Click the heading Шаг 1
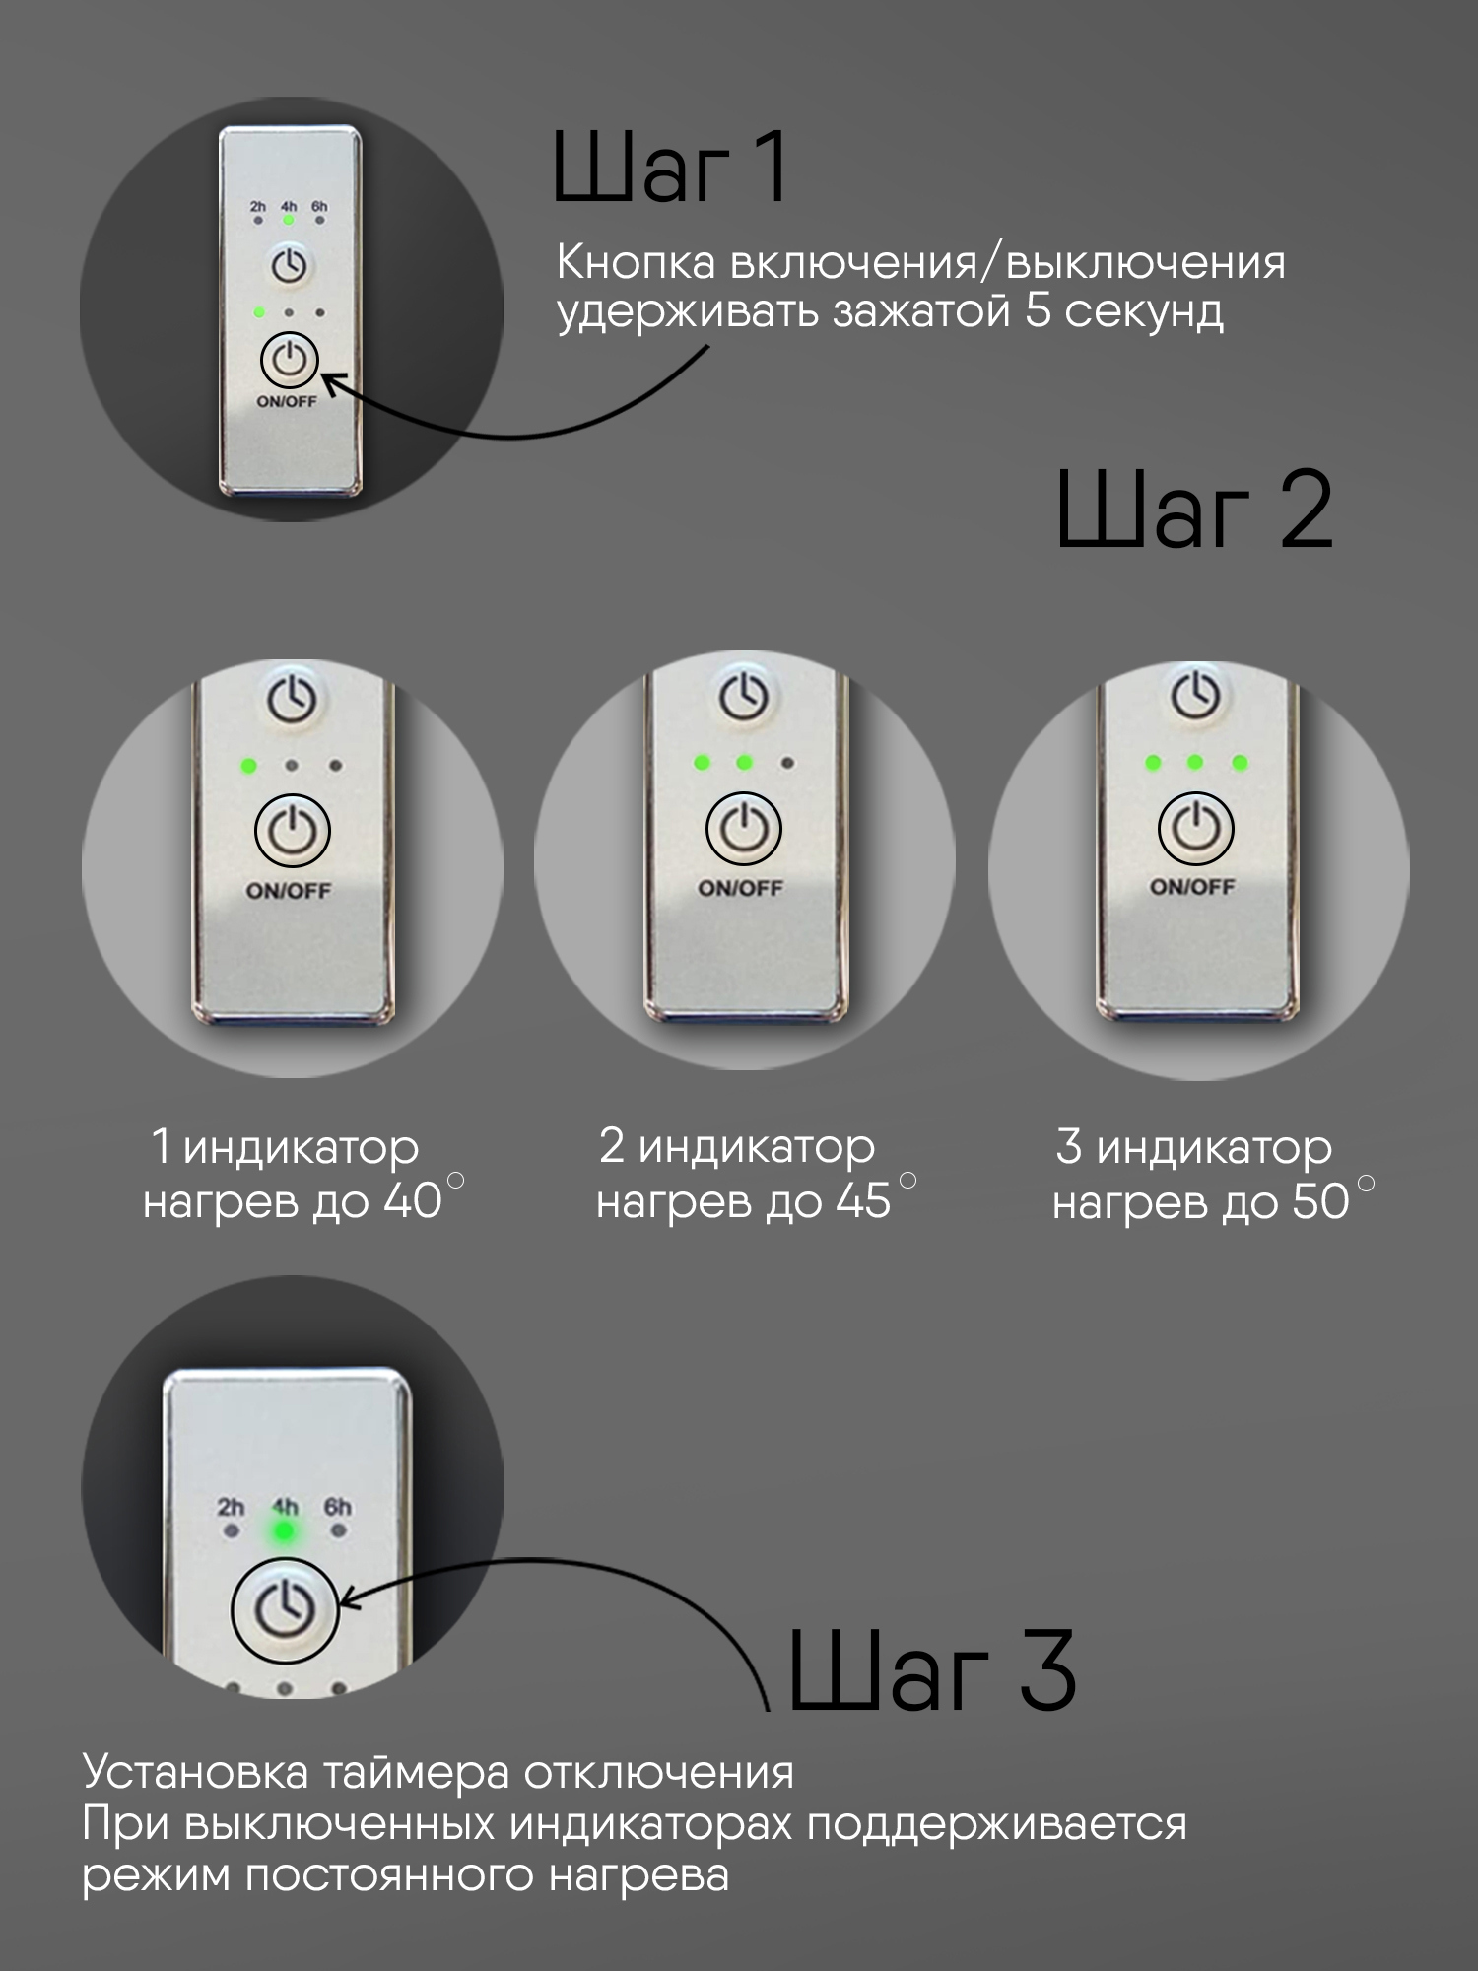click(670, 168)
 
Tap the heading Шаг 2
click(1194, 510)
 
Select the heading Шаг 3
click(932, 1670)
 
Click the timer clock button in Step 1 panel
click(289, 266)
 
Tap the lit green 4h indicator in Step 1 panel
click(289, 220)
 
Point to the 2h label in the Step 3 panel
click(231, 1507)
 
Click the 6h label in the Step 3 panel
click(338, 1507)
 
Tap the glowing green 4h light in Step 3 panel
click(285, 1531)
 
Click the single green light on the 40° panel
click(248, 766)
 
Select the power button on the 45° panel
click(744, 829)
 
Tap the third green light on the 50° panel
click(1240, 763)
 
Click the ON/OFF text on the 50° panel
click(1192, 887)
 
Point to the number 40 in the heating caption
click(412, 1201)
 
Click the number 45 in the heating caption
click(863, 1201)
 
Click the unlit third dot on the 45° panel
click(787, 763)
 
